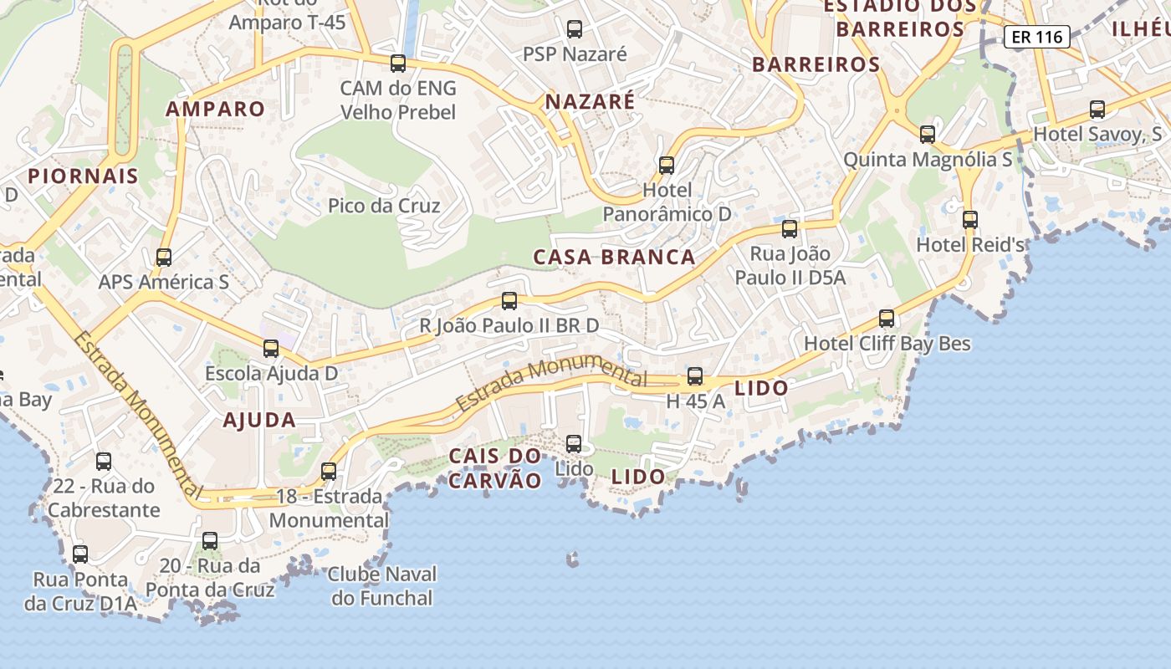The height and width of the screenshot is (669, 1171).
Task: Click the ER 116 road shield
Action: pos(1036,37)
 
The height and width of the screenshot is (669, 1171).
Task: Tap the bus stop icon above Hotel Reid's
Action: pos(969,220)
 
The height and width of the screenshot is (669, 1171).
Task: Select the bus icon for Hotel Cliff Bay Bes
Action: pos(887,319)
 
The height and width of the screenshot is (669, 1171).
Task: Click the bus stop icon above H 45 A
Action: pos(695,376)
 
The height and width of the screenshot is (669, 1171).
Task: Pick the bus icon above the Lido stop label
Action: pos(574,444)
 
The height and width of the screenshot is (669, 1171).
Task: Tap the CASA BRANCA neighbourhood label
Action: pos(615,257)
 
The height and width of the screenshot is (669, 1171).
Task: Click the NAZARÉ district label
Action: pos(590,102)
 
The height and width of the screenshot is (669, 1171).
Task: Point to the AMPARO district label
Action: pos(215,109)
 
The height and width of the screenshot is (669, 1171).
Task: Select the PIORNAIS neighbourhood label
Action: pos(83,176)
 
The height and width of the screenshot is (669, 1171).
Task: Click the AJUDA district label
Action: pos(259,420)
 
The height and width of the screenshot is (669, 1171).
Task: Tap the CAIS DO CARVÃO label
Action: pos(495,468)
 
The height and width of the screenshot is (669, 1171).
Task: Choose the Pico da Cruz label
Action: pos(384,206)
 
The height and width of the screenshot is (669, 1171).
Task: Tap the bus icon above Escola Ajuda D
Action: pos(271,349)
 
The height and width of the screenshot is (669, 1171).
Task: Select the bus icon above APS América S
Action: pos(164,258)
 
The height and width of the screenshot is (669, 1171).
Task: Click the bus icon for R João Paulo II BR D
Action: pos(509,301)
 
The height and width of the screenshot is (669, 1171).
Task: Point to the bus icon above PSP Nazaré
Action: pos(575,29)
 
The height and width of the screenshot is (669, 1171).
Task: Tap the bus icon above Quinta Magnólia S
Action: pos(928,134)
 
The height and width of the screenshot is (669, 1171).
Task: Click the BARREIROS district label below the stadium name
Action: pos(816,64)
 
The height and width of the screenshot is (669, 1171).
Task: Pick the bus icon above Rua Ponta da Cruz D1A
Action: pos(80,554)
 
